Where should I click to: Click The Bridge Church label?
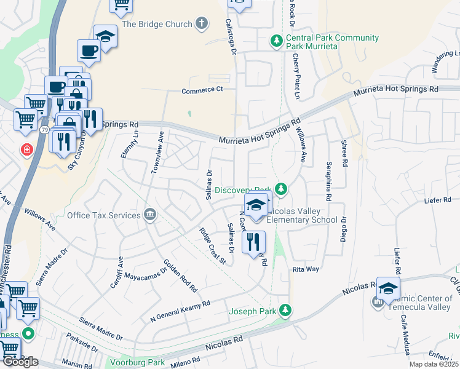point(157,24)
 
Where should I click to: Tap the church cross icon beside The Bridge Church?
point(201,24)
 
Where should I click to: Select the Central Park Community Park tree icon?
point(277,41)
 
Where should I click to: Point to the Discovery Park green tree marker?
point(281,188)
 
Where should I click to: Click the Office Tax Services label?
point(105,215)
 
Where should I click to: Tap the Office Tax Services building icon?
point(149,215)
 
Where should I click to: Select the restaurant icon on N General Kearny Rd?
point(253,243)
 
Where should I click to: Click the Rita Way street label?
point(305,269)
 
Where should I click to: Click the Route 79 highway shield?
point(44,130)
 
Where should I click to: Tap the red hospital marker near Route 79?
point(27,149)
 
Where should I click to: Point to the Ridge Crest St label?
point(213,246)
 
